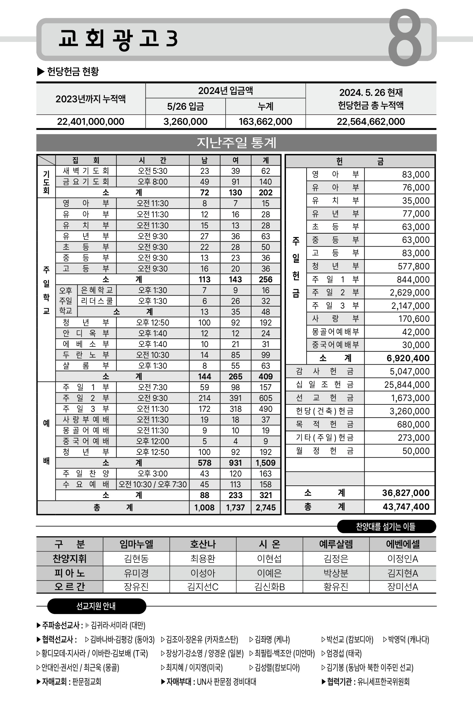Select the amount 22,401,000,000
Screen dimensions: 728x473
click(x=91, y=121)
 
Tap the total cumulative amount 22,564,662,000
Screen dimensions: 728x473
click(x=371, y=121)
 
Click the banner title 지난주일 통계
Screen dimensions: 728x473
click(x=236, y=143)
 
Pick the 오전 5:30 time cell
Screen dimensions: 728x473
click(x=153, y=171)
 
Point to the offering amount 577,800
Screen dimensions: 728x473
click(x=414, y=266)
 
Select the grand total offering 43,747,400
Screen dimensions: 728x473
click(x=406, y=507)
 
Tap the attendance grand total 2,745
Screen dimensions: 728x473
click(x=266, y=507)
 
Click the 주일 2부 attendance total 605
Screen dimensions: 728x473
click(x=266, y=398)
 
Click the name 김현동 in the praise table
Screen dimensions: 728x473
click(x=136, y=558)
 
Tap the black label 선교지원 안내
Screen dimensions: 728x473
click(x=96, y=606)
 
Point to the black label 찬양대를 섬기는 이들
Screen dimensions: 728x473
click(x=386, y=526)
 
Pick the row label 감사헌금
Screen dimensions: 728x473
click(x=325, y=371)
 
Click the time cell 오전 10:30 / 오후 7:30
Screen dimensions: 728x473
click(x=153, y=485)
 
